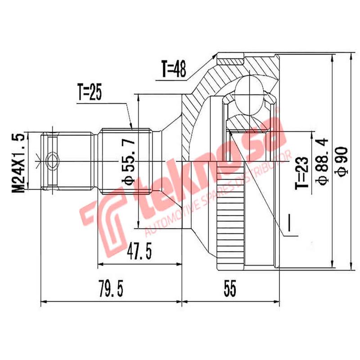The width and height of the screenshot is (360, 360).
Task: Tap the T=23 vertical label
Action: [302, 172]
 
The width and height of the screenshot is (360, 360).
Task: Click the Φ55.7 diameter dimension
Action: [129, 162]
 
